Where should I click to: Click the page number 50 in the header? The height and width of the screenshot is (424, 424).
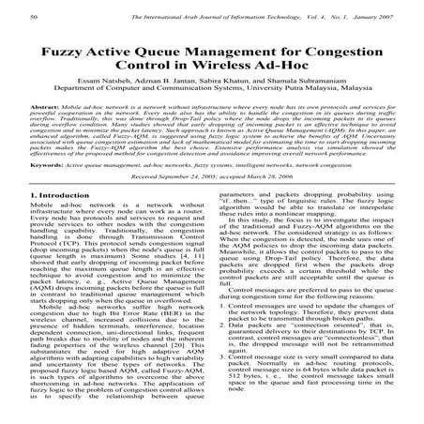[36, 17]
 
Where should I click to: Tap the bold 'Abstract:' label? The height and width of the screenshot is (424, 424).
[53, 122]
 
